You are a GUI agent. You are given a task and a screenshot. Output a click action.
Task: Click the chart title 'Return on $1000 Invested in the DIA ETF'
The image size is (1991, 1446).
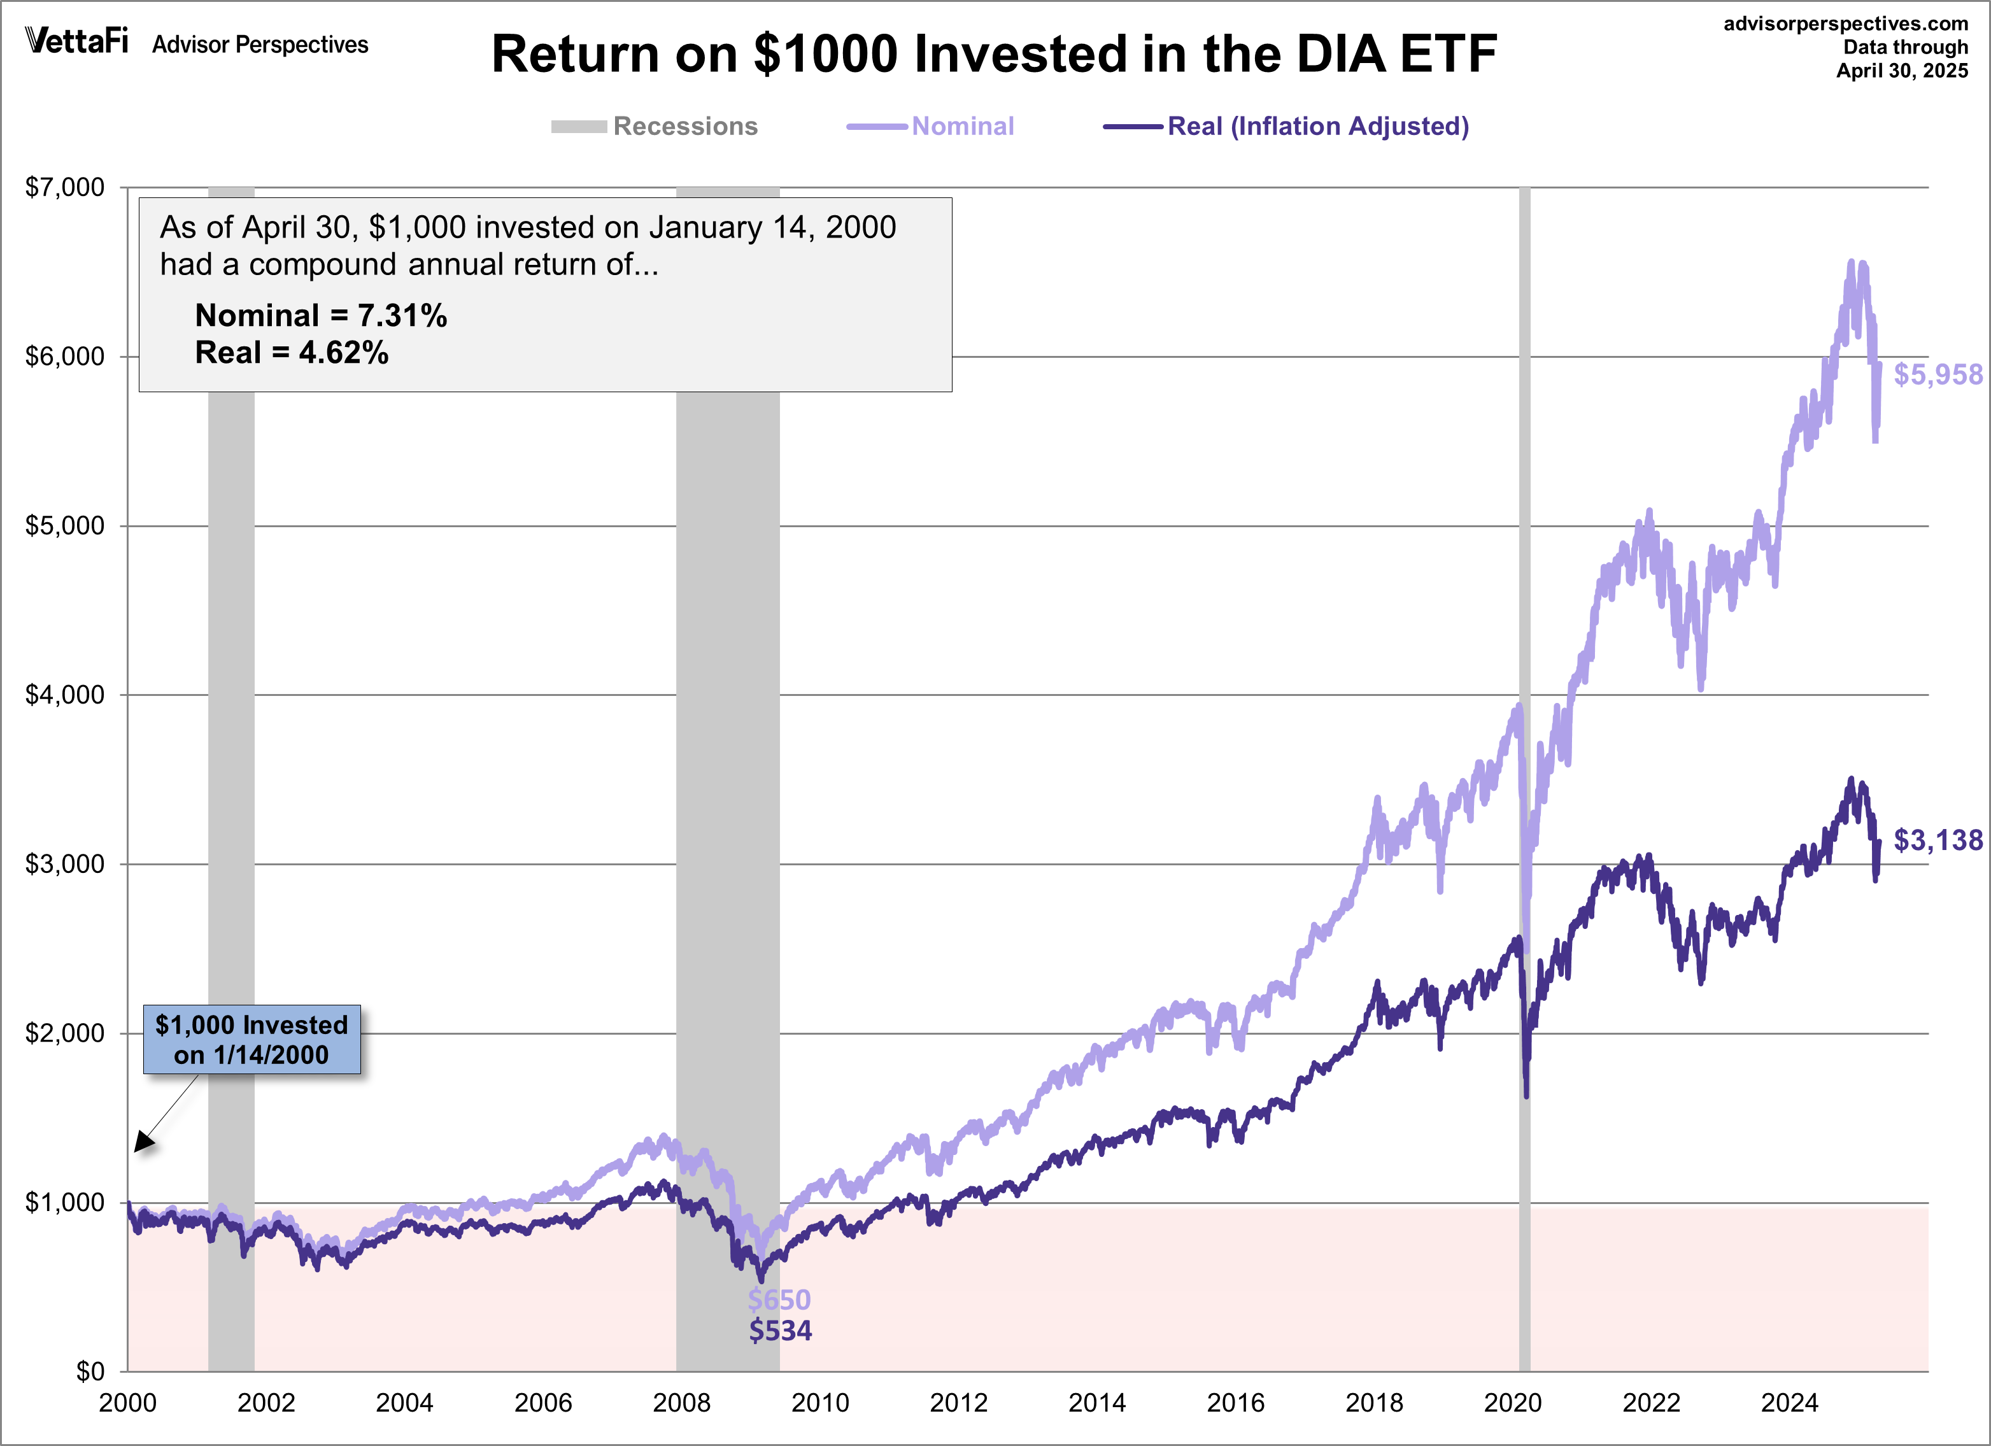coord(994,54)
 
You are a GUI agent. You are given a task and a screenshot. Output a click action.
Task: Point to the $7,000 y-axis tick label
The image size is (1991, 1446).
coord(65,187)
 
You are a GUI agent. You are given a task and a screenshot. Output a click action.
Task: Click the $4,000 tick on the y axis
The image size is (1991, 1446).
coord(65,695)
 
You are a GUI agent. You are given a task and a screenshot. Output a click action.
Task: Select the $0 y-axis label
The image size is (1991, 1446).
coord(90,1372)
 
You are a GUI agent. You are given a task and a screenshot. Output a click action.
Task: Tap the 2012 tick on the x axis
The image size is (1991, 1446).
coord(959,1403)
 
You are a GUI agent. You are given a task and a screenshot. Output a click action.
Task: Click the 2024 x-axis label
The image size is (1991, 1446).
coord(1789,1403)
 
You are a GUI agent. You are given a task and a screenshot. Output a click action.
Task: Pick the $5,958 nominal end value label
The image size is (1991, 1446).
coord(1938,375)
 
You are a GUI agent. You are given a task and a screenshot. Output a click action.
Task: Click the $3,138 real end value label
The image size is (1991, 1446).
coord(1938,840)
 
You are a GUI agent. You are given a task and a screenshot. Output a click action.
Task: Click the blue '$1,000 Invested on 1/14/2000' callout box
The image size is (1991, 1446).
coord(252,1040)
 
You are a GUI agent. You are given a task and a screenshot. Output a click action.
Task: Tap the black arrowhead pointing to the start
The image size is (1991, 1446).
coord(143,1142)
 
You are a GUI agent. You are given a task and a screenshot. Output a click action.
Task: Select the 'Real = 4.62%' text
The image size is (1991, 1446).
coord(292,353)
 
